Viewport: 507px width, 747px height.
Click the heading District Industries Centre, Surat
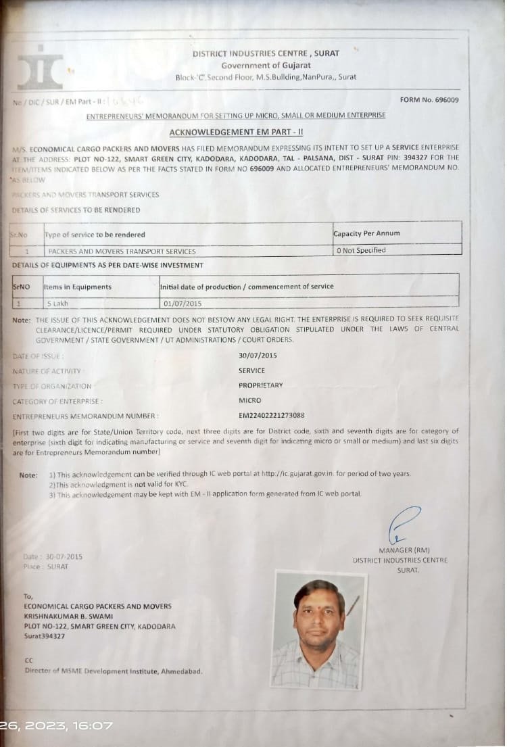[266, 53]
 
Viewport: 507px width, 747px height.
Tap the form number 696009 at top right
[429, 100]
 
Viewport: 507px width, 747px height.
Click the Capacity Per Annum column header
[366, 234]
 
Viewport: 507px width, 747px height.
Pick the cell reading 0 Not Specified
[362, 250]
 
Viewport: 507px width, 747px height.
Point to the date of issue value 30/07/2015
[258, 356]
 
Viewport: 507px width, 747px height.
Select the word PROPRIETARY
[260, 385]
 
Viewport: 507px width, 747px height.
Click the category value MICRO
[249, 400]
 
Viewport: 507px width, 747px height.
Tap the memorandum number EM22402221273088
[271, 415]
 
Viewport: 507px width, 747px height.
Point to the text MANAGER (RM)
[404, 550]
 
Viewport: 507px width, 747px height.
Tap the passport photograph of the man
[318, 630]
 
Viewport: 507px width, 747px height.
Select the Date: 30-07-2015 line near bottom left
[53, 556]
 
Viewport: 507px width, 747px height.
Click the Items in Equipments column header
[78, 287]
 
